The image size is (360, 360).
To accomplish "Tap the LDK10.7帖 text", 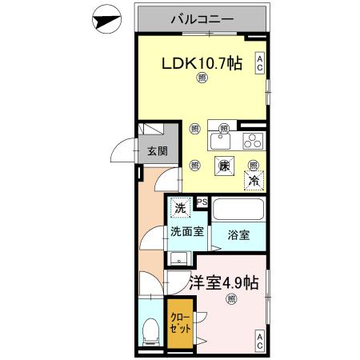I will tap(203, 64).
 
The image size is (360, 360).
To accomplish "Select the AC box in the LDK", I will tap(260, 63).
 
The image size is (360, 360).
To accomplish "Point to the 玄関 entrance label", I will tap(157, 153).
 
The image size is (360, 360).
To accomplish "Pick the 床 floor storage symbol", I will tap(225, 166).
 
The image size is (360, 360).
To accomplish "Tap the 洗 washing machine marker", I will tap(181, 206).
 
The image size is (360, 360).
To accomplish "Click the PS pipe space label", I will tap(202, 202).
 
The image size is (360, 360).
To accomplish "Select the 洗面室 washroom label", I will tap(186, 231).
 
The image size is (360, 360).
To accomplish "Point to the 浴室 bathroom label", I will tap(238, 235).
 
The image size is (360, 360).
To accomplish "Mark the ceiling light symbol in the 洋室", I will tap(231, 300).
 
